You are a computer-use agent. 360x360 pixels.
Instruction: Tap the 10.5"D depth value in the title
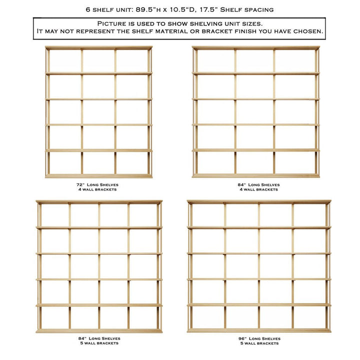pyautogui.click(x=181, y=9)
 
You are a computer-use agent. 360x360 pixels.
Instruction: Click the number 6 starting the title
pyautogui.click(x=88, y=9)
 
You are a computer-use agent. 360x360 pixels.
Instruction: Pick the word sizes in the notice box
pyautogui.click(x=249, y=23)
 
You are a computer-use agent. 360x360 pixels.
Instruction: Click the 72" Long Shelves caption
pyautogui.click(x=98, y=184)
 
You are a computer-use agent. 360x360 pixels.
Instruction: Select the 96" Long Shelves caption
pyautogui.click(x=259, y=338)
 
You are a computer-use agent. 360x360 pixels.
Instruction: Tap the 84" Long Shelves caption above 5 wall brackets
pyautogui.click(x=99, y=338)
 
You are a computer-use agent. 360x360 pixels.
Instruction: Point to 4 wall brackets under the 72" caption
pyautogui.click(x=98, y=189)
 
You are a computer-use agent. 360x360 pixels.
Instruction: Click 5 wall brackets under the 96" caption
pyautogui.click(x=259, y=343)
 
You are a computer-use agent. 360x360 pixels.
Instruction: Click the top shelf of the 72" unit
pyautogui.click(x=98, y=48)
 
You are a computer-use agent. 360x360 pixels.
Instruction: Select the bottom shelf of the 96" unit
pyautogui.click(x=259, y=330)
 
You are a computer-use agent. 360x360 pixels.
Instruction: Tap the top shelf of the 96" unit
pyautogui.click(x=259, y=202)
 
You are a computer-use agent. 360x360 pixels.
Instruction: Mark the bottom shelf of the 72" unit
pyautogui.click(x=98, y=176)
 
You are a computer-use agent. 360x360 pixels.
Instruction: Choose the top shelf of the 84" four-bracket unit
pyautogui.click(x=255, y=48)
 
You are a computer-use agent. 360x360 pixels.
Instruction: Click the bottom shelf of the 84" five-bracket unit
pyautogui.click(x=99, y=330)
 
